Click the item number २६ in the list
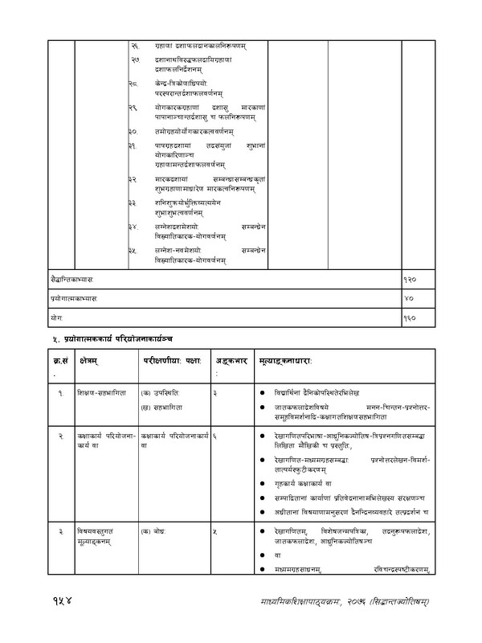[x=134, y=47]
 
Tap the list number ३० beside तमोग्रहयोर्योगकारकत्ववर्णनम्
[x=134, y=130]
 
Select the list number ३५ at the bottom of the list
[x=134, y=252]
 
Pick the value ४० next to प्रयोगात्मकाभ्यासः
[x=408, y=298]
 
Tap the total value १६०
[x=411, y=317]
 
